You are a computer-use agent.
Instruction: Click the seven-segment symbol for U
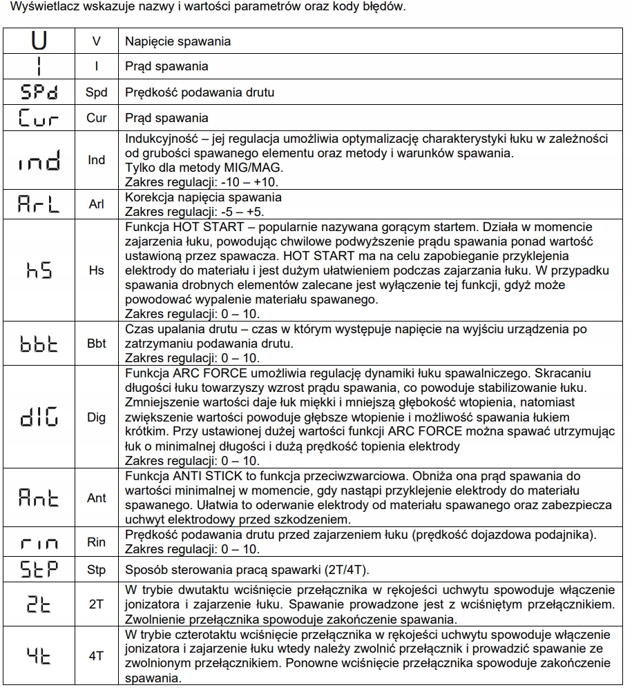(x=39, y=41)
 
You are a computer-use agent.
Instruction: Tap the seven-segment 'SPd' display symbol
(x=39, y=92)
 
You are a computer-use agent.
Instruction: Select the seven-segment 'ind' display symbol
(x=39, y=160)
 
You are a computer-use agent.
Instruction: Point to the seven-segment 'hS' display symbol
(x=39, y=270)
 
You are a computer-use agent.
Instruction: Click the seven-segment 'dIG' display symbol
(x=39, y=417)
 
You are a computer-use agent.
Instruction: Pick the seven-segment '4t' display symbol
(x=39, y=655)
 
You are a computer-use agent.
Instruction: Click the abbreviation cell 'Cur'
(x=97, y=117)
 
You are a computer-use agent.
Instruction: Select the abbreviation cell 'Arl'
(x=97, y=204)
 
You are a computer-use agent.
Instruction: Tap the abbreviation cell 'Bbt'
(x=97, y=343)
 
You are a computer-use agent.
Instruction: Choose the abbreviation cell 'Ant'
(x=97, y=497)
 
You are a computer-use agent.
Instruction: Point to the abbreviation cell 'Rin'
(x=97, y=542)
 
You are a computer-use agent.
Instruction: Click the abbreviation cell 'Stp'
(x=97, y=571)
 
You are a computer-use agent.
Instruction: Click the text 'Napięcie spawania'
(x=178, y=41)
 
